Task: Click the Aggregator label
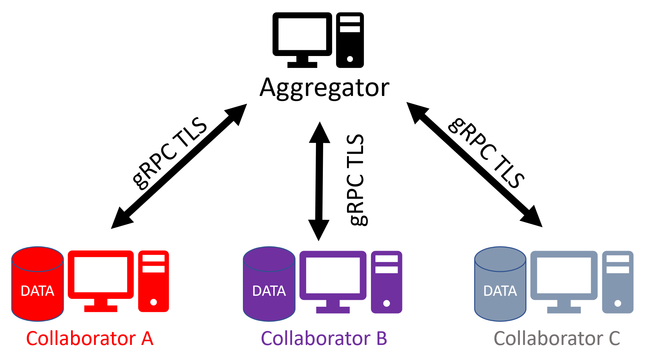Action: pyautogui.click(x=324, y=88)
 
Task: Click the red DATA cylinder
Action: pyautogui.click(x=38, y=284)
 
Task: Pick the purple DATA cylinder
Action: pyautogui.click(x=269, y=284)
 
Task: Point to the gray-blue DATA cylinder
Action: pyautogui.click(x=500, y=284)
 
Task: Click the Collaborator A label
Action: pyautogui.click(x=90, y=338)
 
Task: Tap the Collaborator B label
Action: pyautogui.click(x=324, y=338)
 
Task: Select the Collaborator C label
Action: pyautogui.click(x=557, y=338)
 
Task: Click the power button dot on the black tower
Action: pyautogui.click(x=350, y=59)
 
